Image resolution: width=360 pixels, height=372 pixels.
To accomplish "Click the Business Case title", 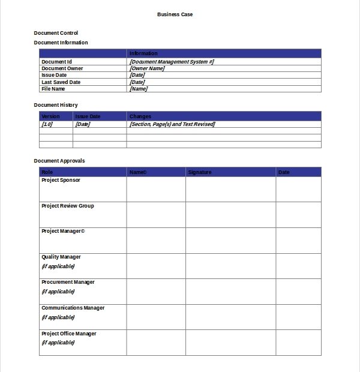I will [x=175, y=14].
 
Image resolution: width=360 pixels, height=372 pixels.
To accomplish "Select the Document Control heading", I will [x=56, y=33].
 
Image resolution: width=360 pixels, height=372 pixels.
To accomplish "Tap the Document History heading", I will [x=56, y=105].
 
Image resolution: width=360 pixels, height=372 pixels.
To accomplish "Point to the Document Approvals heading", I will [x=59, y=161].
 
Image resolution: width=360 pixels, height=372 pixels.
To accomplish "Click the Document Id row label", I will [x=56, y=62].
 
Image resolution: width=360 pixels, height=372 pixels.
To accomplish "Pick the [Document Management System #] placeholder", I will [x=172, y=62].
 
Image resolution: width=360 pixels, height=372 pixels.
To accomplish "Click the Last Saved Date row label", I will [x=61, y=82].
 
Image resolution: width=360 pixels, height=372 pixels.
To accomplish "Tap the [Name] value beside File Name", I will [x=139, y=89].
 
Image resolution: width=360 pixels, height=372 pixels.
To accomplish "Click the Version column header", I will [x=50, y=116].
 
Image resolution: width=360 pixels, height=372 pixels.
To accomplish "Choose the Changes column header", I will [x=140, y=116].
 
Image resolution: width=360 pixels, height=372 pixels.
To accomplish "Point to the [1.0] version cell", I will [x=47, y=124].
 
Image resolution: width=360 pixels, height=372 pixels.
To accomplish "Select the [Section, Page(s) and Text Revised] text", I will [x=172, y=124].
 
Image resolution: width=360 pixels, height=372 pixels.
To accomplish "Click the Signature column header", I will [x=200, y=172].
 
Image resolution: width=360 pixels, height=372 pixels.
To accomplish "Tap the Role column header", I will [x=47, y=172].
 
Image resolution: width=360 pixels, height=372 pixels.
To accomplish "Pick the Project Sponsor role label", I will [x=61, y=180].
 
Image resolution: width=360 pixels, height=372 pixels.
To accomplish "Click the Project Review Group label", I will [x=67, y=206].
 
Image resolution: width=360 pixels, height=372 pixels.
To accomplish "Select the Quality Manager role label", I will [x=61, y=257].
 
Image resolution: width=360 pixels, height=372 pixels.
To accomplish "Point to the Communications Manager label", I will [x=73, y=308].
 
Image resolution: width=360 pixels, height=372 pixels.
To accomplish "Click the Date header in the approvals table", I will [x=284, y=172].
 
